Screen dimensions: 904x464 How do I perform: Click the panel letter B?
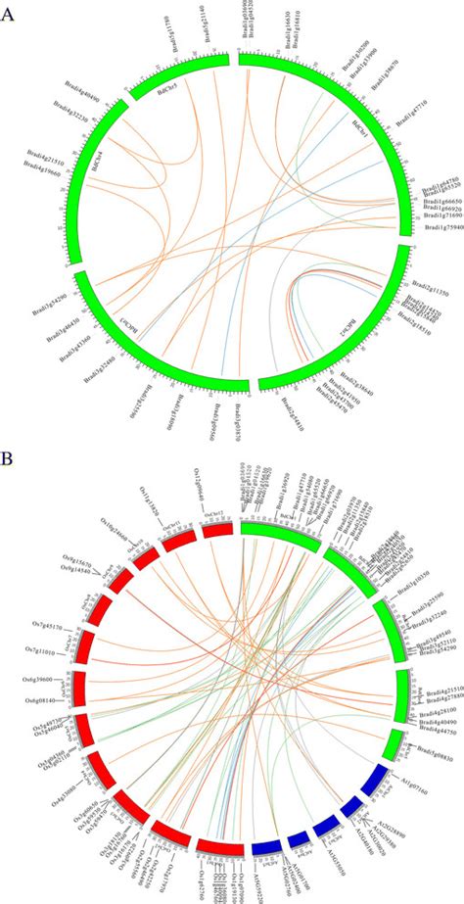tap(9, 458)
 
